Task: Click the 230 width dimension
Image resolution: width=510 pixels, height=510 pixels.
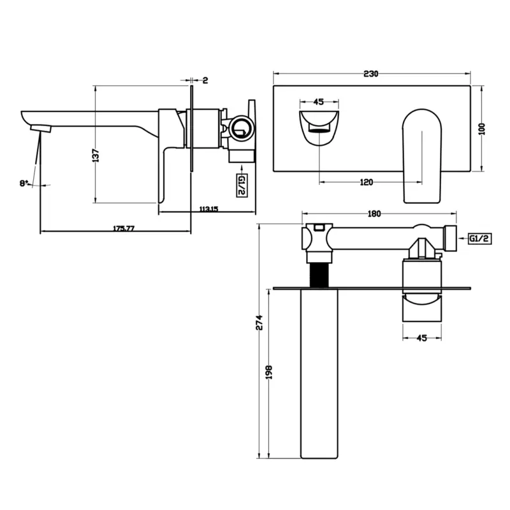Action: coord(371,74)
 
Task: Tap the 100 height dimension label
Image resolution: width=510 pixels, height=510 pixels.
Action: coord(483,129)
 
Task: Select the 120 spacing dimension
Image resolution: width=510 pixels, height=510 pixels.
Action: coord(366,182)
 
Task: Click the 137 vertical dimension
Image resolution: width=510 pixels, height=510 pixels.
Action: coord(96,156)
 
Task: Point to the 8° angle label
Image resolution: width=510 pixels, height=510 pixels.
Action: coord(24,184)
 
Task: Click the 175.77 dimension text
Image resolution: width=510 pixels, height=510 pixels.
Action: coord(124,228)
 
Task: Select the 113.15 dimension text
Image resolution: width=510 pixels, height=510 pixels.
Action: coord(208,209)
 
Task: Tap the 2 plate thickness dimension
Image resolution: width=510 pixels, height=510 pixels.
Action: coord(205,80)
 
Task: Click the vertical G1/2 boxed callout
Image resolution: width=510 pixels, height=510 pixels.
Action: coord(242,185)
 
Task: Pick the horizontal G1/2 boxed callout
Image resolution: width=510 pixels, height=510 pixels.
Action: coord(480,238)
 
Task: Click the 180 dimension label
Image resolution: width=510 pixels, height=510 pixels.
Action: coord(374,214)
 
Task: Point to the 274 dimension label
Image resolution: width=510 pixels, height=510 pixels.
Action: coord(259,323)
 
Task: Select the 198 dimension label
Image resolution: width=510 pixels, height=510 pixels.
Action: coord(269,372)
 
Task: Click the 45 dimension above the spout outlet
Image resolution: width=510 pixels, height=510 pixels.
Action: coord(318,102)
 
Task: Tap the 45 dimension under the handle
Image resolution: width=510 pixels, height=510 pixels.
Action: coord(421,338)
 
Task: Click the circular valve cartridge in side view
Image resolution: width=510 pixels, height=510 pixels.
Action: coord(242,128)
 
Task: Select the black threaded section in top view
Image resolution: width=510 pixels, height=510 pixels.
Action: coord(319,275)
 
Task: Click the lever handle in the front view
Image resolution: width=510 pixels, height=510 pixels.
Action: coord(422,156)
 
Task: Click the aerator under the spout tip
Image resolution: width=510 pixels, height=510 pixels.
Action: coord(41,129)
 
